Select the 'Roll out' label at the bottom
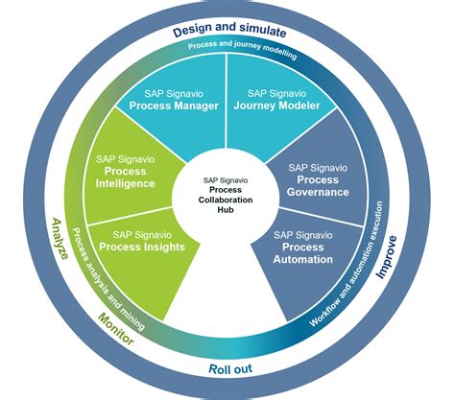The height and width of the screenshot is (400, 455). [x=229, y=369]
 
